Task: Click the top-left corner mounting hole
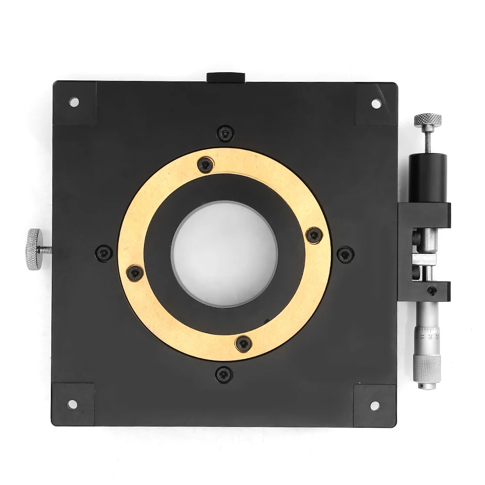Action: click(74, 102)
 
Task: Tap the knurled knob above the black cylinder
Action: click(427, 119)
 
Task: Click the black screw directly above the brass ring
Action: click(224, 132)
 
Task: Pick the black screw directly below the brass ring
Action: click(223, 372)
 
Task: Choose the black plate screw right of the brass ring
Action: click(344, 252)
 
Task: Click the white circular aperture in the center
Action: click(224, 252)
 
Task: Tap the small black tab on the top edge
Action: click(226, 77)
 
